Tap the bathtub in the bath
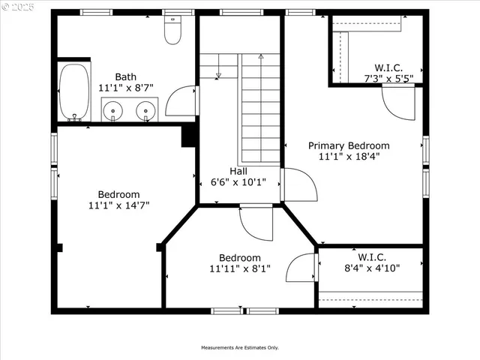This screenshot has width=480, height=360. [73, 91]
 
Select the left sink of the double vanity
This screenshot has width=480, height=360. [113, 111]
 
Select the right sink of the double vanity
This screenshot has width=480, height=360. [145, 111]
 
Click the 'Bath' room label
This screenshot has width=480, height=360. [125, 76]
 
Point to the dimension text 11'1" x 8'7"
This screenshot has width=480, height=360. [125, 88]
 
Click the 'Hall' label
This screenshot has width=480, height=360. [238, 171]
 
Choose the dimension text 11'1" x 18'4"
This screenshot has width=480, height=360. [349, 157]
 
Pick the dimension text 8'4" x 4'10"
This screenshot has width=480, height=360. [371, 267]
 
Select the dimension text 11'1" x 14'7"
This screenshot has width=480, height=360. [118, 205]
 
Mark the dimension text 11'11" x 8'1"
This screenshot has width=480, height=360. [239, 268]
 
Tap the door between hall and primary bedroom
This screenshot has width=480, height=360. [295, 185]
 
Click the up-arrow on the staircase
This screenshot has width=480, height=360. [261, 56]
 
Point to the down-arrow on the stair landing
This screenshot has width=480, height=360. [217, 74]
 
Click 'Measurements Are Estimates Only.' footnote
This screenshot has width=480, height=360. [239, 347]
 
